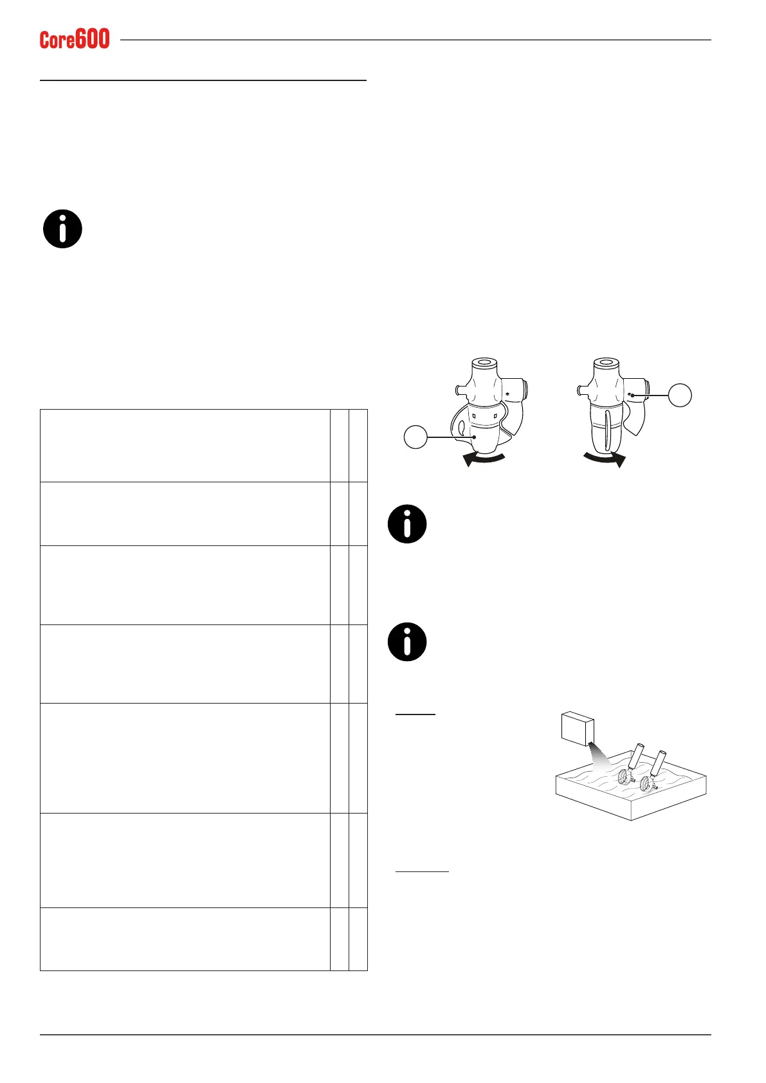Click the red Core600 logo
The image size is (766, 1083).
(75, 39)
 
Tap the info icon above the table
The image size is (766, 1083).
(62, 229)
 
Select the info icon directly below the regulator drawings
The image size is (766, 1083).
(407, 524)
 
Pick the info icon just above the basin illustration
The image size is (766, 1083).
(407, 642)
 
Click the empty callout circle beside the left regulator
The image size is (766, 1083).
(415, 437)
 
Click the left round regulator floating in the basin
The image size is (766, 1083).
(625, 777)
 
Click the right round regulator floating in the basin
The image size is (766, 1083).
(646, 782)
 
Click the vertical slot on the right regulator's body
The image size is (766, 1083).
(606, 433)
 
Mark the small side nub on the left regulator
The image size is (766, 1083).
(457, 388)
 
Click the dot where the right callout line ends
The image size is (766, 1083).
(633, 395)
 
